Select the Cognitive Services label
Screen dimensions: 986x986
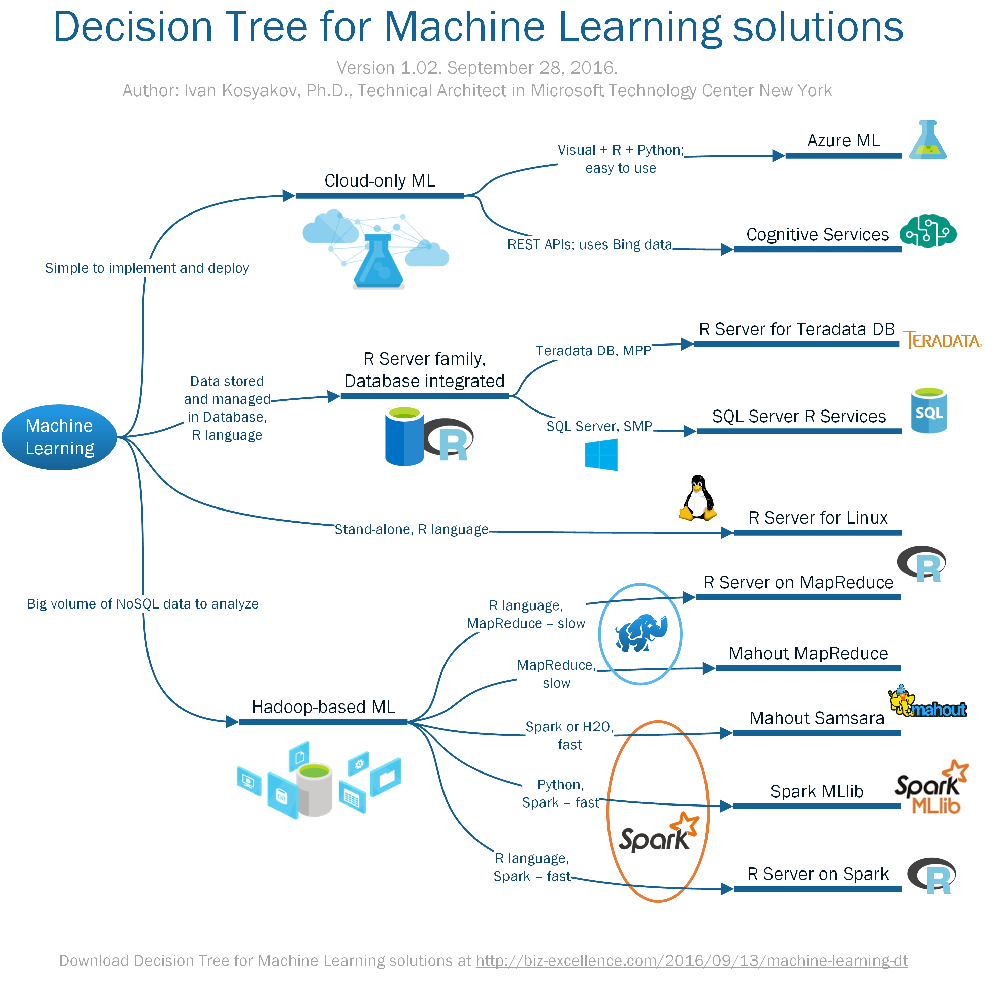click(817, 234)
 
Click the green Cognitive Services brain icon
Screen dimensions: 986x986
click(928, 231)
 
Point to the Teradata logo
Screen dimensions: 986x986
click(942, 340)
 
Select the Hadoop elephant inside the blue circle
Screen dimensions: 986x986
click(641, 633)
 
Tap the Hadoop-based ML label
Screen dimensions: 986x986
click(324, 707)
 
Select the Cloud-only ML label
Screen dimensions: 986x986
click(380, 180)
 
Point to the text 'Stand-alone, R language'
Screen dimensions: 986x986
click(412, 530)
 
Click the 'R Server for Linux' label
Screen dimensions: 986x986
click(818, 518)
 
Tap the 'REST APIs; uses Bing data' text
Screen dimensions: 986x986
click(589, 244)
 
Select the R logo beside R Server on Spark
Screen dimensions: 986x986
click(932, 876)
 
